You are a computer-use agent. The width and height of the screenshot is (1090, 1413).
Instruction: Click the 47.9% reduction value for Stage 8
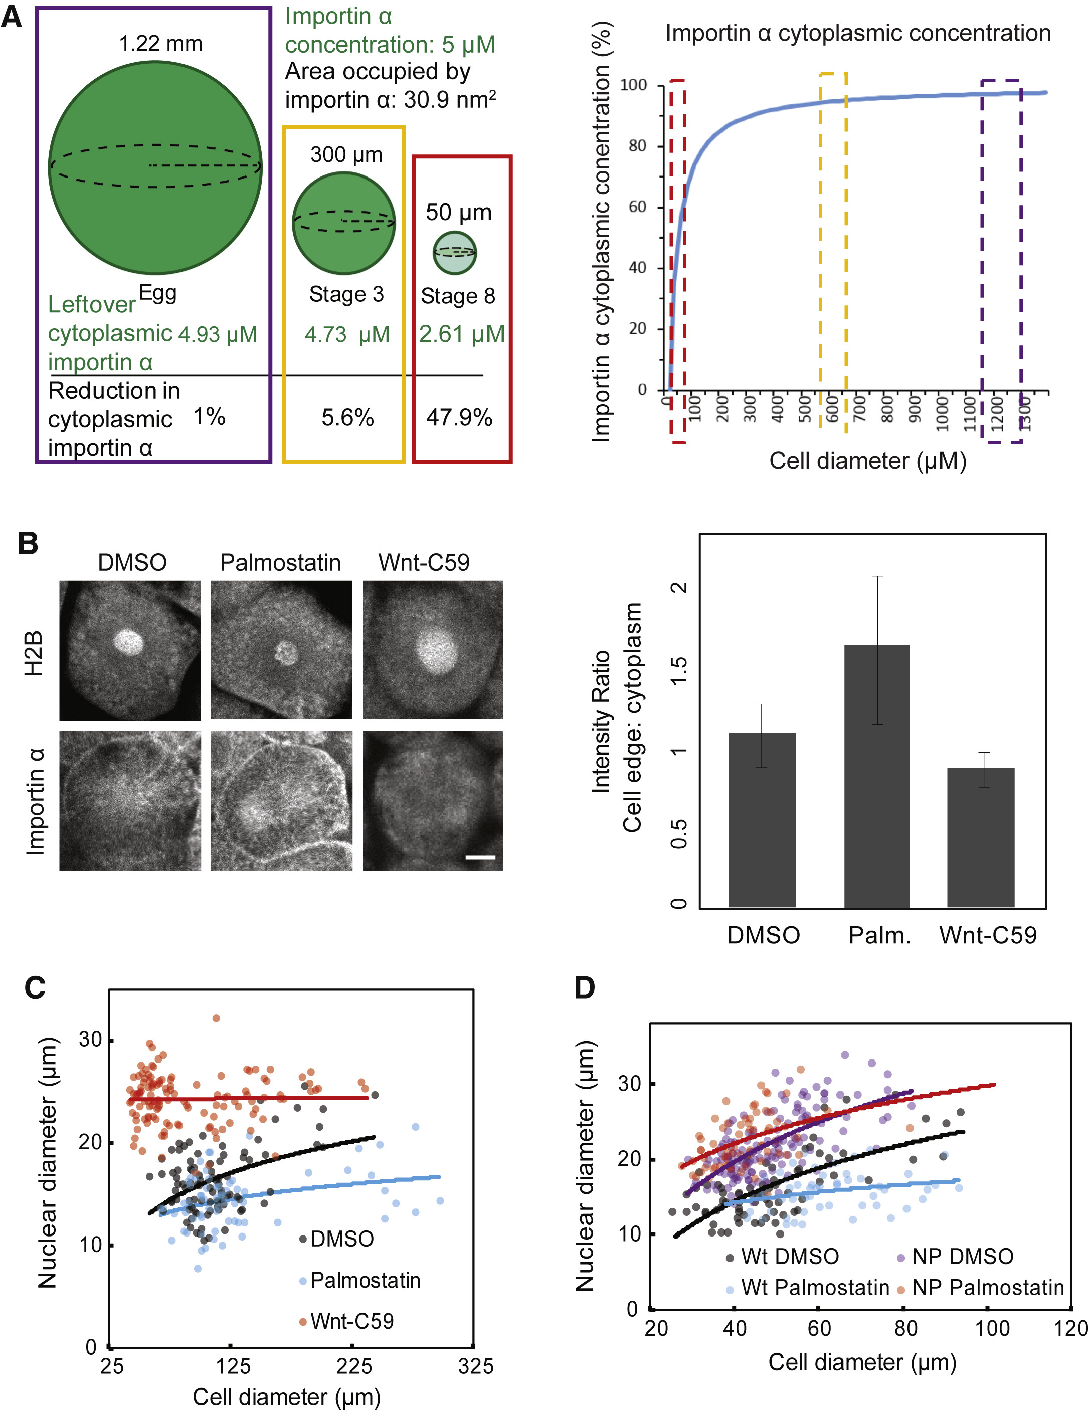click(459, 417)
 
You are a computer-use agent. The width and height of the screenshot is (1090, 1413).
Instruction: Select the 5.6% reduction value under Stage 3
click(347, 417)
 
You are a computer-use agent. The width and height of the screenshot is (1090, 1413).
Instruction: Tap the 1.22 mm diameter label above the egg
click(160, 43)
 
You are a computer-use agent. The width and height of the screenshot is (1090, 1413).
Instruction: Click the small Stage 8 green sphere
click(455, 252)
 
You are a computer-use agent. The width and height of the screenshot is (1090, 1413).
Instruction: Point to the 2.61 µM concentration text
click(461, 334)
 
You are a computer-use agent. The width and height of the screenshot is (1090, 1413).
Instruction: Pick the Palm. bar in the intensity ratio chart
click(876, 776)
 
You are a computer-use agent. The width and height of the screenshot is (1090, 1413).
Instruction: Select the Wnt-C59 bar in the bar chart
click(980, 837)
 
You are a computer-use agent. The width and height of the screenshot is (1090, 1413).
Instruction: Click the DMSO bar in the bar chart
click(762, 820)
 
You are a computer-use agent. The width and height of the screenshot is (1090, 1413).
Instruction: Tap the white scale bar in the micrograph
click(480, 857)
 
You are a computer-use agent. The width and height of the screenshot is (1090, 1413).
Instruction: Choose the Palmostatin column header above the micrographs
click(280, 562)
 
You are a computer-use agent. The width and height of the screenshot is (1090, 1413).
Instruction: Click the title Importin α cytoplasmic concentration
click(858, 33)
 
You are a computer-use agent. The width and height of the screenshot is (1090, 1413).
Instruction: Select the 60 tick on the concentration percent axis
click(637, 207)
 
